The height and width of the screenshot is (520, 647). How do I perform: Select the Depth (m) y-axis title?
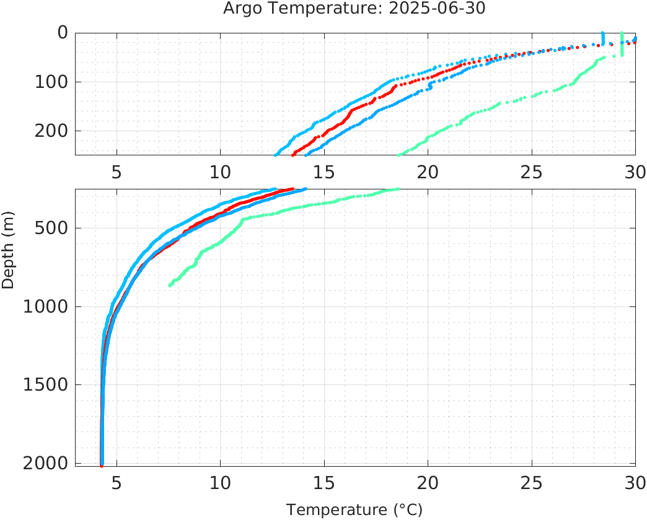(x=8, y=257)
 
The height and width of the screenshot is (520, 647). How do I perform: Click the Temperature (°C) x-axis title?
(x=354, y=509)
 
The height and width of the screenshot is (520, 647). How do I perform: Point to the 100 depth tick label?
(x=46, y=82)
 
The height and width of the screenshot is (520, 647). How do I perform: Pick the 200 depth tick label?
(x=46, y=131)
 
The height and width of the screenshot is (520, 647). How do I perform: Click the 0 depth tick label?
(x=62, y=33)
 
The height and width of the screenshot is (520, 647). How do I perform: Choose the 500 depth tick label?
(x=46, y=228)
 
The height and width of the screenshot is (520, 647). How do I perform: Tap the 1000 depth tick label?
(x=42, y=306)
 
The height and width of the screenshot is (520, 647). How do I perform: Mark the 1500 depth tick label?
(x=42, y=385)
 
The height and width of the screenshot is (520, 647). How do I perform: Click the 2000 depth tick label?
(x=42, y=463)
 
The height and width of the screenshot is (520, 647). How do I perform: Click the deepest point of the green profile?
(x=170, y=285)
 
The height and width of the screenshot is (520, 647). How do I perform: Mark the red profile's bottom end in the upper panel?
(x=293, y=154)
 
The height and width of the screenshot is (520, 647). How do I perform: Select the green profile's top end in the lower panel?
(x=398, y=189)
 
